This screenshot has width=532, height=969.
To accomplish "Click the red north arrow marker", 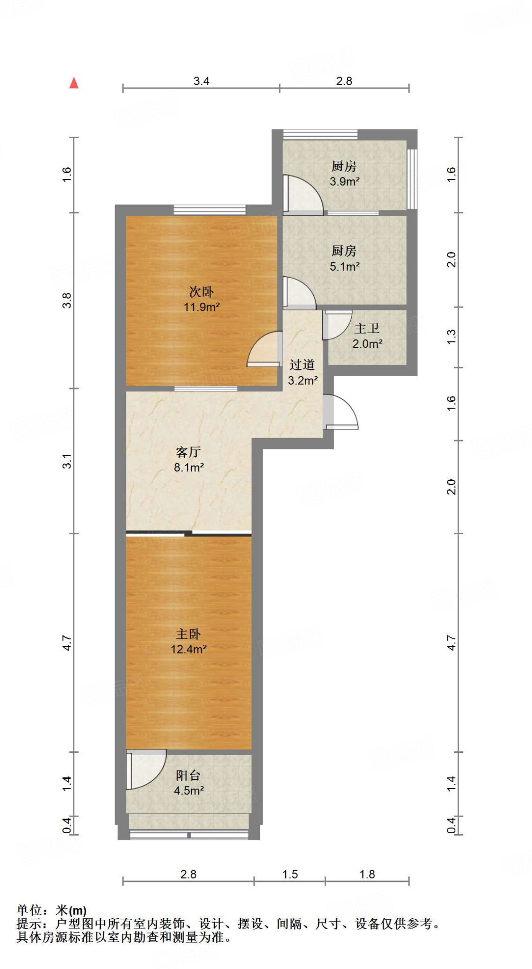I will click(73, 83).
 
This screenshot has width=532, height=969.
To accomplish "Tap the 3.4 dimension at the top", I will click(201, 81).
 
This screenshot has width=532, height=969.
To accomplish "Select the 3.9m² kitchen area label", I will click(344, 174).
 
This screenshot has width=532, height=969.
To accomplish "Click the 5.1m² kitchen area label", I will click(344, 259).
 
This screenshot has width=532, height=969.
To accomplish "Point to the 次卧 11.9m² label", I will click(201, 299).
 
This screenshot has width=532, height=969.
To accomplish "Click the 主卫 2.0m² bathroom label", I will click(367, 336).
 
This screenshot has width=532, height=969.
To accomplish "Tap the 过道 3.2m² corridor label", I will click(302, 372).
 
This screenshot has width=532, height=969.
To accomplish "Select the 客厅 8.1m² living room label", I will click(188, 459).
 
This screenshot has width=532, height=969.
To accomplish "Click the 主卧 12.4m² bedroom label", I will click(188, 641).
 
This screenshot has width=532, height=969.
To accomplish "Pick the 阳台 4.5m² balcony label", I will click(188, 783).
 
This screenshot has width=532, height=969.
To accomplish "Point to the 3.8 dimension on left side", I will click(67, 300).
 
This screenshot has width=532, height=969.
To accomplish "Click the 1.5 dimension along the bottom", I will click(290, 874).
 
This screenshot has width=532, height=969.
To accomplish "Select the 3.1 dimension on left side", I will click(67, 461).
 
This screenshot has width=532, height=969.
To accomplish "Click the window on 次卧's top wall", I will click(210, 209).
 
